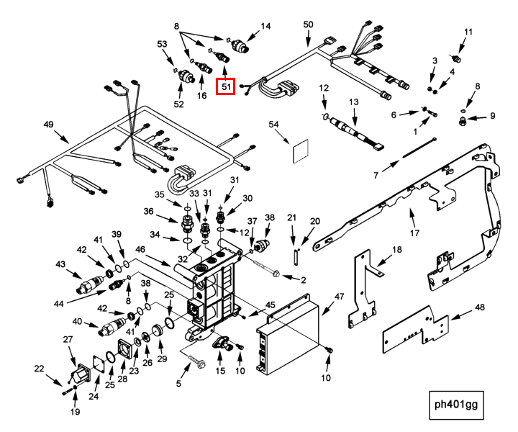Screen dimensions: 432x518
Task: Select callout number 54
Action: coord(273,125)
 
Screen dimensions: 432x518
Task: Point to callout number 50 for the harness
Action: coord(308,25)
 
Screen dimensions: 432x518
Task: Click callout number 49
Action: coord(49,125)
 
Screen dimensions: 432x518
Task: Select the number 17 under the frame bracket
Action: coord(414,233)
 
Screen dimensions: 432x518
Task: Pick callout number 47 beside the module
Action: coord(340,297)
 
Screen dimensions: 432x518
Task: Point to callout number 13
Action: coord(353,103)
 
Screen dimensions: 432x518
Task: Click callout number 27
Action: coord(68,339)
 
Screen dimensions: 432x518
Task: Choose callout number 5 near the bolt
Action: coord(178,384)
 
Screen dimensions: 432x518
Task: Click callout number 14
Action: coord(265,26)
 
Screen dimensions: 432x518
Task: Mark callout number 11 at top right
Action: coord(468,32)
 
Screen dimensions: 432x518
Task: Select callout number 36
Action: coord(149,211)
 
